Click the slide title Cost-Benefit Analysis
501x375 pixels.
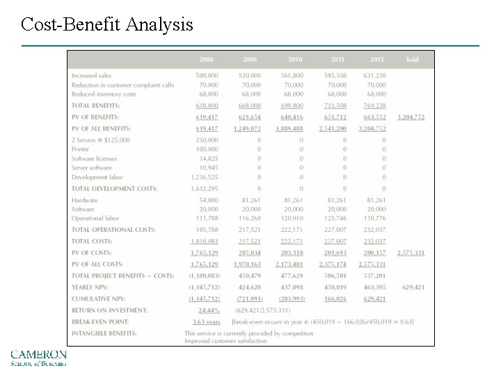pos(107,26)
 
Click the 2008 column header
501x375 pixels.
pos(207,60)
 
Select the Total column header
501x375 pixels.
pos(412,60)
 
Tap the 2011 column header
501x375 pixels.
pos(337,60)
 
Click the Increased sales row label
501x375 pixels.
pos(91,76)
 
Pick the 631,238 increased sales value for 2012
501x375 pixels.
pos(374,76)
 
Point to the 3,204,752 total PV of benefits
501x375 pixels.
pos(411,117)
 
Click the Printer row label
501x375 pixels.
pos(80,149)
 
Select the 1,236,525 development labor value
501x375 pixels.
pos(204,177)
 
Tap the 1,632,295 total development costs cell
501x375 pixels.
pos(204,189)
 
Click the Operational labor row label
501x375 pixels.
pos(95,218)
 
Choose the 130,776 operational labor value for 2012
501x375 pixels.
pos(374,218)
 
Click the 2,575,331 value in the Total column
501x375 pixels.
pos(411,253)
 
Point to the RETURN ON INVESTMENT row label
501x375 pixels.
pos(109,310)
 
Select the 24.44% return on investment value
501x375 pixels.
pos(209,310)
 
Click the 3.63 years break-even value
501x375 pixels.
pos(206,322)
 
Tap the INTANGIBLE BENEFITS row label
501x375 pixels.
pos(104,333)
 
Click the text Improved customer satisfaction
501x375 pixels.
pos(225,340)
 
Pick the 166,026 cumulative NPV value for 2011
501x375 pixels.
pos(335,299)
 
